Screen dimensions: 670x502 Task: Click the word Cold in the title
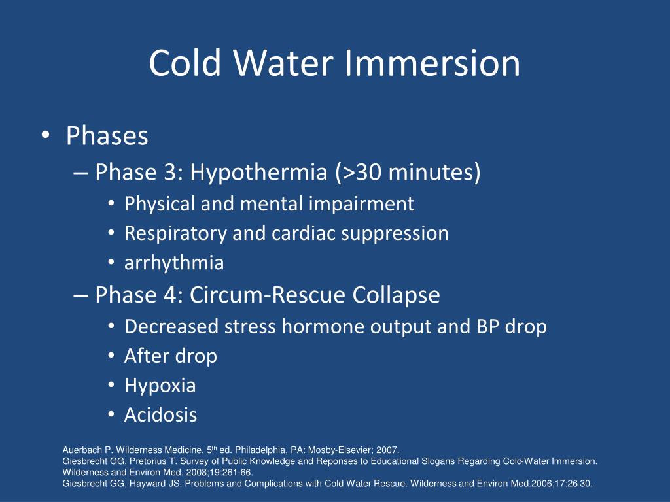tap(185, 63)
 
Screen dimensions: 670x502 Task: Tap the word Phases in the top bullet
tap(107, 136)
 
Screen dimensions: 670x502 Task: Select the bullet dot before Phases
tap(45, 135)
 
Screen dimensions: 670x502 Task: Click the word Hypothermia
tap(258, 173)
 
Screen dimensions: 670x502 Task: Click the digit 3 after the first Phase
tap(171, 173)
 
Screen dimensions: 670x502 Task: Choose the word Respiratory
tap(175, 234)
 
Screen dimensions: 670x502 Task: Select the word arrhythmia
tap(174, 263)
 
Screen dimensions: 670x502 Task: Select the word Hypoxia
tap(160, 386)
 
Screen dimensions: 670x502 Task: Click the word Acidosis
tap(160, 415)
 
